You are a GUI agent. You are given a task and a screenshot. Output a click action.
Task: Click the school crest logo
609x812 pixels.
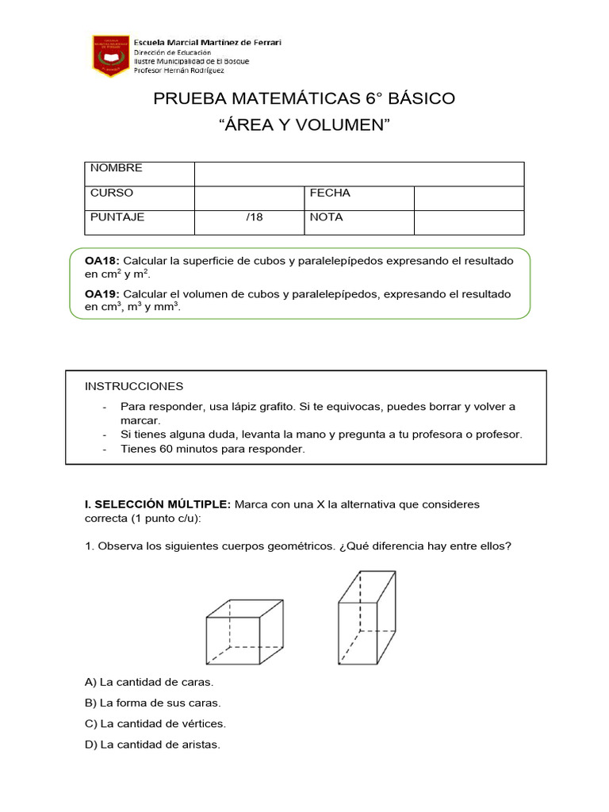[110, 55]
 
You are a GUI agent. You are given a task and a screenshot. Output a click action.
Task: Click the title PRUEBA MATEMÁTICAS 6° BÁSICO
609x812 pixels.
[304, 99]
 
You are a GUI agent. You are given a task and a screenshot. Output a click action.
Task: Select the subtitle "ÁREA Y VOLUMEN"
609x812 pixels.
[304, 125]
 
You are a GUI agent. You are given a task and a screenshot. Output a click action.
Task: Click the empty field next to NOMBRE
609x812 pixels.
[358, 174]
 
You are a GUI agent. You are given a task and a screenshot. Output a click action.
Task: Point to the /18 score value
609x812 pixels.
[255, 217]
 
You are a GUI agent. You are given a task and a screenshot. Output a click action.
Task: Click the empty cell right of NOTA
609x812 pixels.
[469, 222]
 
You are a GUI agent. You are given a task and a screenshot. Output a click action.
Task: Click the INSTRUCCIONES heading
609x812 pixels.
[134, 386]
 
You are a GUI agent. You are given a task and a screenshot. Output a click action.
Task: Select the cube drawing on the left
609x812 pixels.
[244, 632]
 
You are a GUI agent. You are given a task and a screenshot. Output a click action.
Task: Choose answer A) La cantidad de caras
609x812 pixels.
[149, 682]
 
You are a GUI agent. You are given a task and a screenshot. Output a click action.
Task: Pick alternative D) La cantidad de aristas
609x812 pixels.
[152, 745]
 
